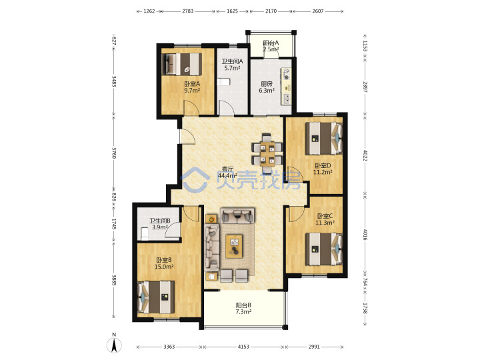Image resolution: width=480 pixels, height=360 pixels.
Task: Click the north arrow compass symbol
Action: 114,345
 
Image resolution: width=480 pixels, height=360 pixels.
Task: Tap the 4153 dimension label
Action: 243,347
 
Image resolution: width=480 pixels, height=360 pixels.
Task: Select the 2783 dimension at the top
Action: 187,11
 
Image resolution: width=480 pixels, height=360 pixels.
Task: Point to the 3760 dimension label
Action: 114,153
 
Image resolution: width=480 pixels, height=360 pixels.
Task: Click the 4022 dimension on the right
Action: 365,155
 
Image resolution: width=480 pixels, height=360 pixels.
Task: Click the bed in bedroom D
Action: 323,139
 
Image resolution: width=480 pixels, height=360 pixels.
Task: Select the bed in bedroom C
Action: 323,249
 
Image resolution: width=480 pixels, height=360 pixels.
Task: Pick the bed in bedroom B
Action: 157,297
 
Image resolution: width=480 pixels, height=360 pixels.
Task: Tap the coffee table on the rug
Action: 234,246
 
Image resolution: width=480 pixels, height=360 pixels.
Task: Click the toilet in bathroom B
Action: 143,234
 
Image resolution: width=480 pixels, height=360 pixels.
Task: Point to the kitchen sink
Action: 287,99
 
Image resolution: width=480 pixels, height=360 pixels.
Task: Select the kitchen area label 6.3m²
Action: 267,90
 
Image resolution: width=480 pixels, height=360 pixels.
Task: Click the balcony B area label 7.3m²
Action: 244,311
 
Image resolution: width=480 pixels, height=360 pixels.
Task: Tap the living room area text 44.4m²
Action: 227,175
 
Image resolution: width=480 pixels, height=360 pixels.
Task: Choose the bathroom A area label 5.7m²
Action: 232,68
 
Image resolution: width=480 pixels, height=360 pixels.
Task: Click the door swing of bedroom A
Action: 191,108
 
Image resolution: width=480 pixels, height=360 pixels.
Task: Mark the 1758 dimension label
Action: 365,308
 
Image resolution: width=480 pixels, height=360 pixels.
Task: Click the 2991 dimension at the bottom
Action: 314,347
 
